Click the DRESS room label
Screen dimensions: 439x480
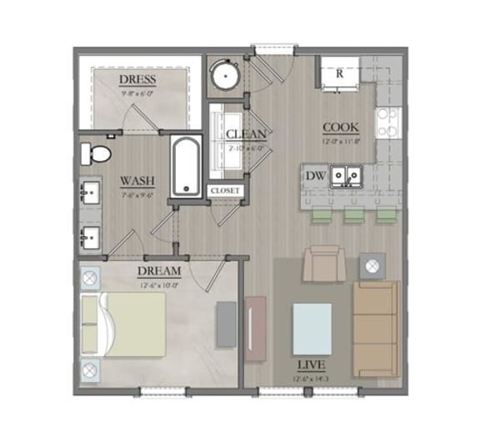(138, 79)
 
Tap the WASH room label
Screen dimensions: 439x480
(136, 179)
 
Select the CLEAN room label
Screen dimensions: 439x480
(246, 134)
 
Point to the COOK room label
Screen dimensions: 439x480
(341, 127)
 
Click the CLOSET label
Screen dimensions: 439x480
(225, 190)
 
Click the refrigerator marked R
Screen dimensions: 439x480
(339, 73)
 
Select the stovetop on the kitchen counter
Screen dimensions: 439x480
(387, 123)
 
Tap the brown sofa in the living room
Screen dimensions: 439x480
(376, 330)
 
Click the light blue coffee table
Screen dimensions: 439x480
(312, 329)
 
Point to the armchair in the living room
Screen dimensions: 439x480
(322, 262)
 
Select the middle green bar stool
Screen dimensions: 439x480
(353, 217)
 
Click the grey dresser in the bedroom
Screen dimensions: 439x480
(226, 324)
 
